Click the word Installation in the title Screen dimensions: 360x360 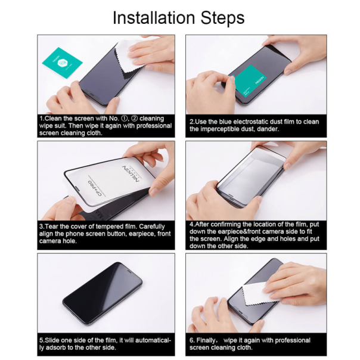154,18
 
